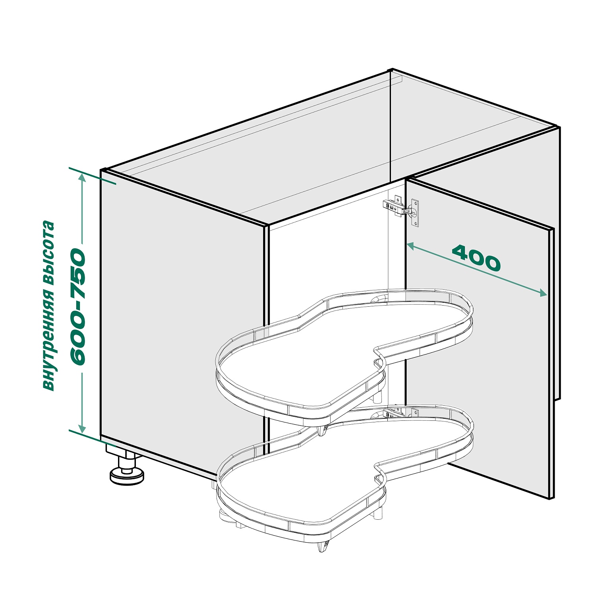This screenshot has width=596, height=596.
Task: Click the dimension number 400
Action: coord(476,258)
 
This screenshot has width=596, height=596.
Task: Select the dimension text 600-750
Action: coord(77,307)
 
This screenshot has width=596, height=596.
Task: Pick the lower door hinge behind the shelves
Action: coord(401,412)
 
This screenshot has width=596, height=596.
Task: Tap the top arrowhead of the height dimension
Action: coord(82,178)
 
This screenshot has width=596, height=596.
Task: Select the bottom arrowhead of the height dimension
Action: coord(82,428)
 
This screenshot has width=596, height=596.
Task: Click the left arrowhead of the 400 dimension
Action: coord(411,246)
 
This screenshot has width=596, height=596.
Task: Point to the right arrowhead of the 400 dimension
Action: coord(543,293)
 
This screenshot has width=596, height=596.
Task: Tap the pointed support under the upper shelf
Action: coord(322,431)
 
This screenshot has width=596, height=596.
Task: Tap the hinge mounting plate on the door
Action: coord(415,213)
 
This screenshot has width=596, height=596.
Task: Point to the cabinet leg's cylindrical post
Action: coord(127,462)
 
